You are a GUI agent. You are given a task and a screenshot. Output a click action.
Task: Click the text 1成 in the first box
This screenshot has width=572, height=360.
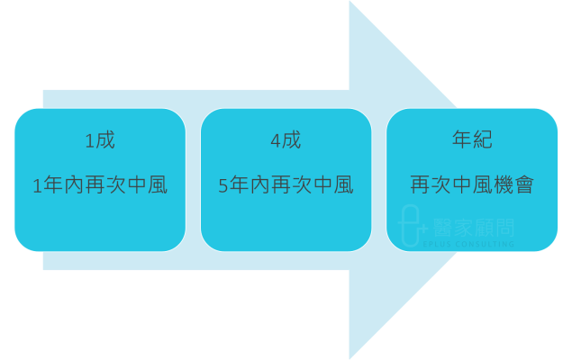click(x=100, y=141)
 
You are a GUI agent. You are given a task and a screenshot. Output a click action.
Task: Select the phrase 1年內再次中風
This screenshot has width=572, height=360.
click(x=100, y=186)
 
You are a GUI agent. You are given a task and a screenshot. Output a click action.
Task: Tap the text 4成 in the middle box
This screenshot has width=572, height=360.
click(x=286, y=141)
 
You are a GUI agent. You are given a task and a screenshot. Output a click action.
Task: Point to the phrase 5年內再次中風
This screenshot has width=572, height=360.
click(x=286, y=186)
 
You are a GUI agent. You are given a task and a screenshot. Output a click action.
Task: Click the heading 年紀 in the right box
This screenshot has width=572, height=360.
click(x=472, y=141)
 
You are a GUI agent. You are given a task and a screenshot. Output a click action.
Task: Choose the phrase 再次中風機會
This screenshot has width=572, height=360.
click(x=472, y=186)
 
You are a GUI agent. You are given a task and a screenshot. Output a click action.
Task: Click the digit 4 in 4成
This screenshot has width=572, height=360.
click(x=275, y=141)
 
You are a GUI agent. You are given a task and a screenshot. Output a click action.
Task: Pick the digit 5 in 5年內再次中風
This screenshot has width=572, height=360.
click(x=223, y=186)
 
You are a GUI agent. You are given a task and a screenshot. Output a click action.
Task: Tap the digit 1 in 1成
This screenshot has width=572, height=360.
click(x=89, y=141)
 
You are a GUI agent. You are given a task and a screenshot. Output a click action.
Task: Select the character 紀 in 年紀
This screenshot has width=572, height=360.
click(x=483, y=141)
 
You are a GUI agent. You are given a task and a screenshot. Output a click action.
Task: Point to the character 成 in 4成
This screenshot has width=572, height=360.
click(x=291, y=141)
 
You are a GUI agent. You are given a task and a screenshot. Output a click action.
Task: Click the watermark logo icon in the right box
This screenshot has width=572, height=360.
click(x=410, y=225)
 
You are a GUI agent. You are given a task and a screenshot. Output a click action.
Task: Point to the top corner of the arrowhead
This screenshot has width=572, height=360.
click(x=350, y=3)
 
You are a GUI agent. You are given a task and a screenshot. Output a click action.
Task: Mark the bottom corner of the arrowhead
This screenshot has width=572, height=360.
click(x=350, y=357)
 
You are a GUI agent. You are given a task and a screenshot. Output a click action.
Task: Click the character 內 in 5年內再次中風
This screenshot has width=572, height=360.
click(x=259, y=186)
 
